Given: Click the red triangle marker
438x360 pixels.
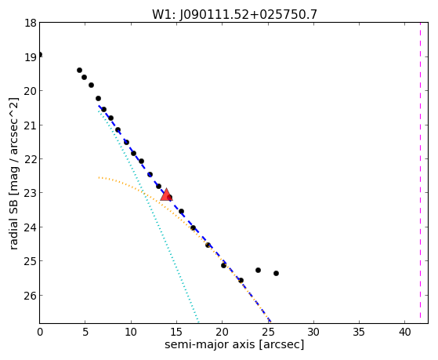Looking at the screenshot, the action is coord(166,195).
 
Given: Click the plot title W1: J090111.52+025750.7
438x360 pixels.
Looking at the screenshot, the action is coord(234,14).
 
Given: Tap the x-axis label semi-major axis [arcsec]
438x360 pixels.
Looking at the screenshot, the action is coord(234,344).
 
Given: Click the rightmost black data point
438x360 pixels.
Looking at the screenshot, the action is coord(276,273).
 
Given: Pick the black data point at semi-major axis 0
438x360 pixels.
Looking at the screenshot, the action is coord(40,54).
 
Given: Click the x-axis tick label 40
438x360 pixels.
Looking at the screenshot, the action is coord(404,333).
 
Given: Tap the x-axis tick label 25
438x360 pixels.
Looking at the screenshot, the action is coord(268,333).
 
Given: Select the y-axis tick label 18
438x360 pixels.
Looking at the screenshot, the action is coord(31,23).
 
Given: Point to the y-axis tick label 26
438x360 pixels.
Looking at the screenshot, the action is coord(31,295).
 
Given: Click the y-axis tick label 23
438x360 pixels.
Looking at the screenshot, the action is coord(31,193).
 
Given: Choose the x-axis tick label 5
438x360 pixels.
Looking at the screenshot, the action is coord(85,333).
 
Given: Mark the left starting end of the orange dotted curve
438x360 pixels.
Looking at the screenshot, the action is coord(99,177).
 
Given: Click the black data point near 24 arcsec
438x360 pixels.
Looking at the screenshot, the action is coord(258,271).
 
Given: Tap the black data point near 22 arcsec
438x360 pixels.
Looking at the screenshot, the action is coord(241,280).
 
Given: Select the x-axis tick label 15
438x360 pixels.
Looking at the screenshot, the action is coord(176,333).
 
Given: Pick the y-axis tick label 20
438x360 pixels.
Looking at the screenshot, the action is coord(31,91).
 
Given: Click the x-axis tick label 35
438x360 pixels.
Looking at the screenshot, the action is coord(359,333).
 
